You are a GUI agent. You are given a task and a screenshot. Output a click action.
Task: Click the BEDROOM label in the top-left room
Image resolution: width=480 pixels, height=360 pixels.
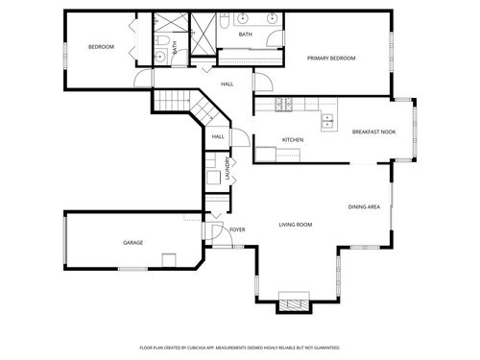click(101, 47)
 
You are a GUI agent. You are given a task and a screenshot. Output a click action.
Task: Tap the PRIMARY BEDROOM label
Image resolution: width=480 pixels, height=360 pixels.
click(331, 59)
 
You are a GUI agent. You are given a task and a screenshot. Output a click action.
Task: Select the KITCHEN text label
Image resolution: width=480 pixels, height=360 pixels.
click(293, 140)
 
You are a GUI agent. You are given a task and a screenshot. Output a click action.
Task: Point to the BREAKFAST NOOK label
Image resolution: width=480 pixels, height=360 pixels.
click(373, 132)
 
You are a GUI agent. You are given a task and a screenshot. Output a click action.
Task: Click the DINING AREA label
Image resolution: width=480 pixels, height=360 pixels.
click(364, 206)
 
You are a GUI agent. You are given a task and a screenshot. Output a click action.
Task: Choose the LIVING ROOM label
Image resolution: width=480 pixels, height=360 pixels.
click(296, 225)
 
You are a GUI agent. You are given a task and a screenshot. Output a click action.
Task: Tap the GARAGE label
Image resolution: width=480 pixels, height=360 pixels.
click(132, 243)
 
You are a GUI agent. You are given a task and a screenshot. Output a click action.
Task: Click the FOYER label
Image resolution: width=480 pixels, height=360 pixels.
click(237, 230)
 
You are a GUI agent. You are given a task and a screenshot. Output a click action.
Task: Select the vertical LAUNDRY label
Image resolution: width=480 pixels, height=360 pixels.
click(228, 169)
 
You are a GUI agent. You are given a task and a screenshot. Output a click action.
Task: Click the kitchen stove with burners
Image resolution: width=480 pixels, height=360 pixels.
click(284, 103)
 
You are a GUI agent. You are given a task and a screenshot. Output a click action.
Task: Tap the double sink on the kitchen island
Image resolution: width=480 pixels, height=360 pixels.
click(328, 121)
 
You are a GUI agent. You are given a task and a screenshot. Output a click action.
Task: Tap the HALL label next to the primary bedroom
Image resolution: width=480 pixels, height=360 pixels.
click(228, 84)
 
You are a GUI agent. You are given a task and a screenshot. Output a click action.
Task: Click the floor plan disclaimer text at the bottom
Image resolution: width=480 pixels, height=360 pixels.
click(240, 348)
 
